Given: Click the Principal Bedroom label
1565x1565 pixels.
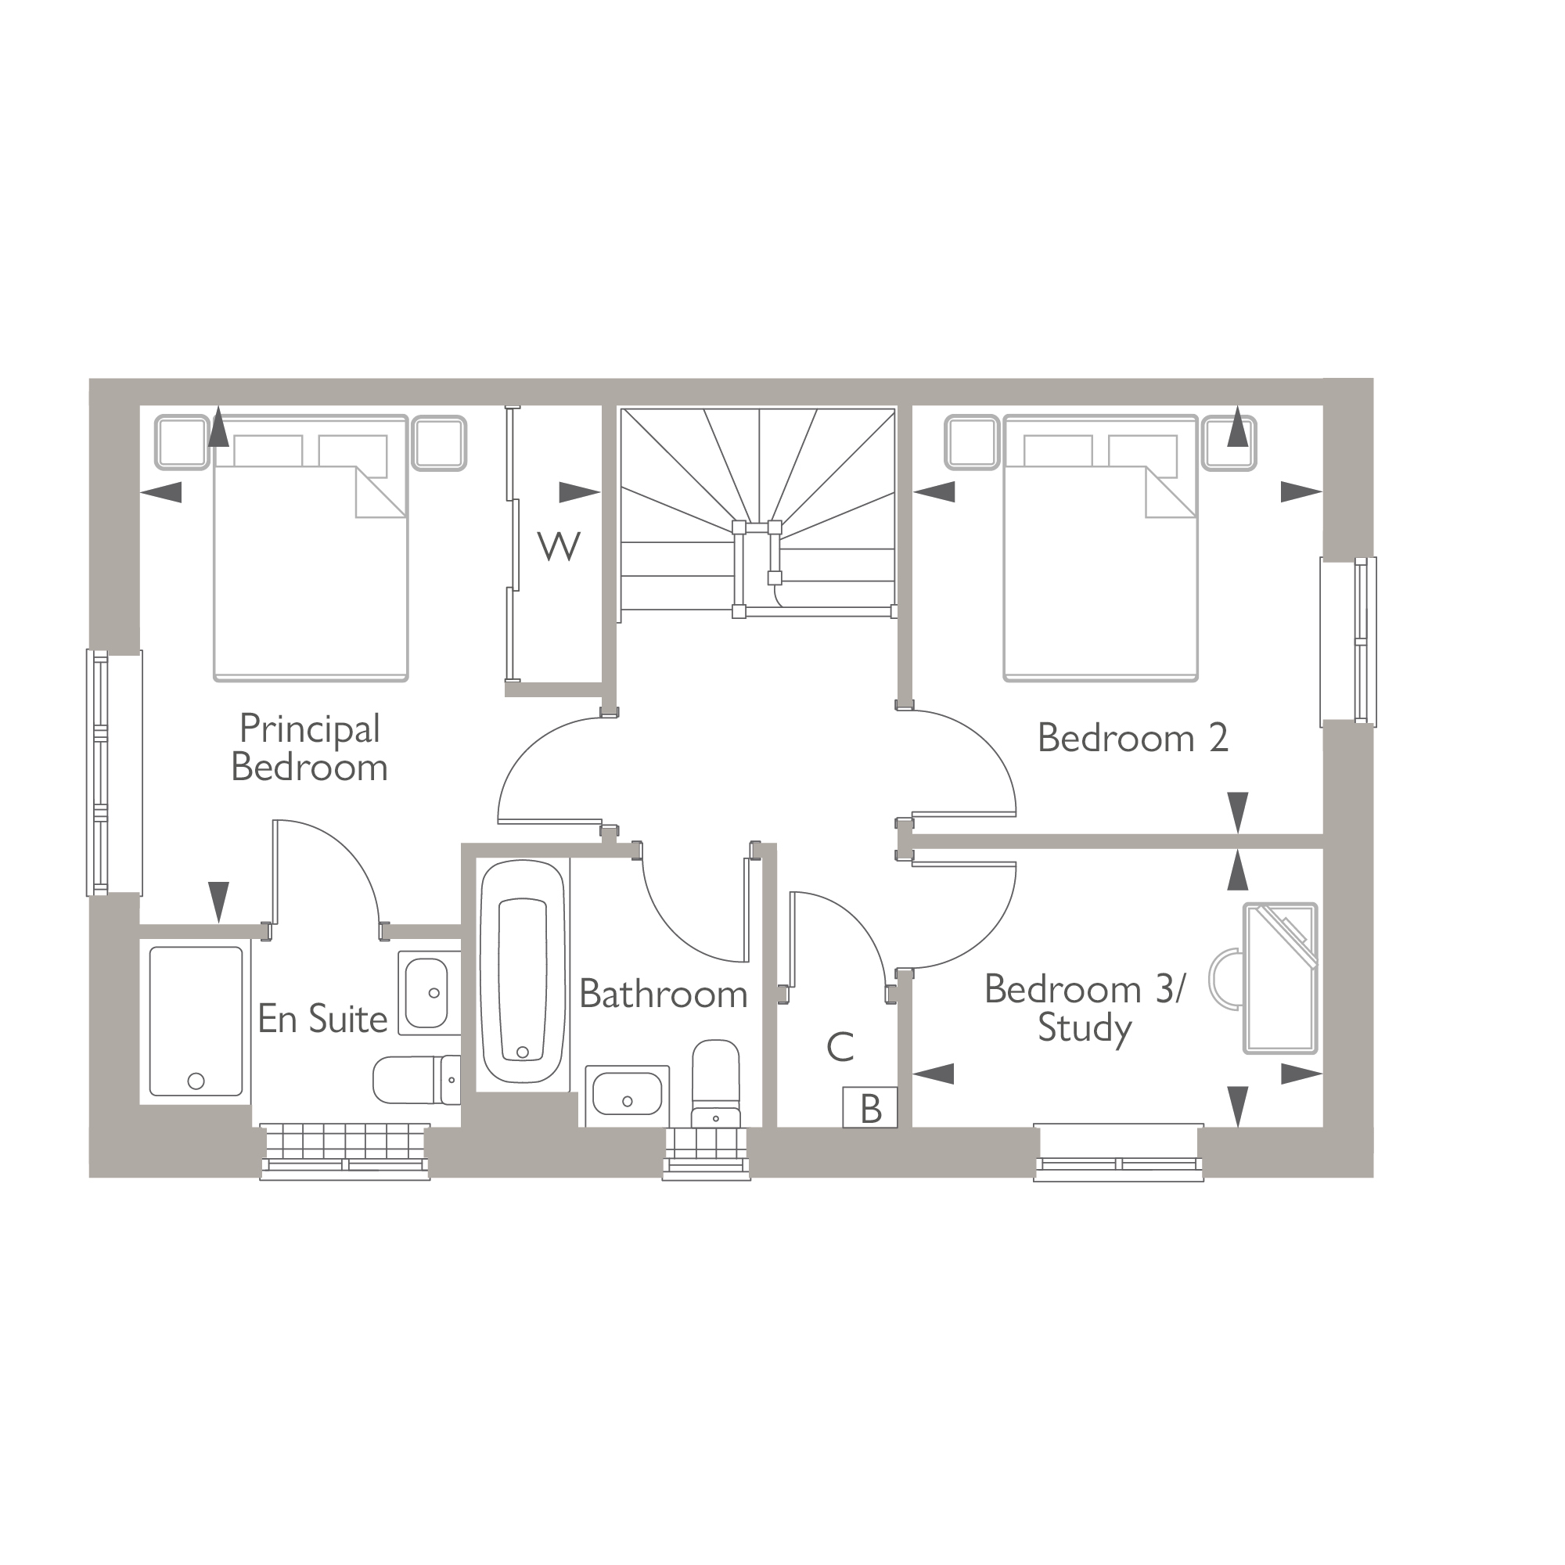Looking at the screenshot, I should [308, 747].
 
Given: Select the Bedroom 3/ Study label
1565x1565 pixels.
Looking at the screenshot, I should [1084, 1009].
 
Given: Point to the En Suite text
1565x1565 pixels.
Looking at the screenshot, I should [322, 1019].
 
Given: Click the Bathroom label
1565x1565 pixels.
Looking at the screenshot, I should [663, 994].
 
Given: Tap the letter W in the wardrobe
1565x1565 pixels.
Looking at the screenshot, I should [559, 547].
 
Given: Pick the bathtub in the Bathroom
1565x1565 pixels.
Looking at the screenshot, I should [523, 971].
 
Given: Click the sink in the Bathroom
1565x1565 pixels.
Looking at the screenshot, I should [627, 1095].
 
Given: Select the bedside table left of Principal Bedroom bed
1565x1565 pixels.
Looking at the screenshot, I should [182, 442].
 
